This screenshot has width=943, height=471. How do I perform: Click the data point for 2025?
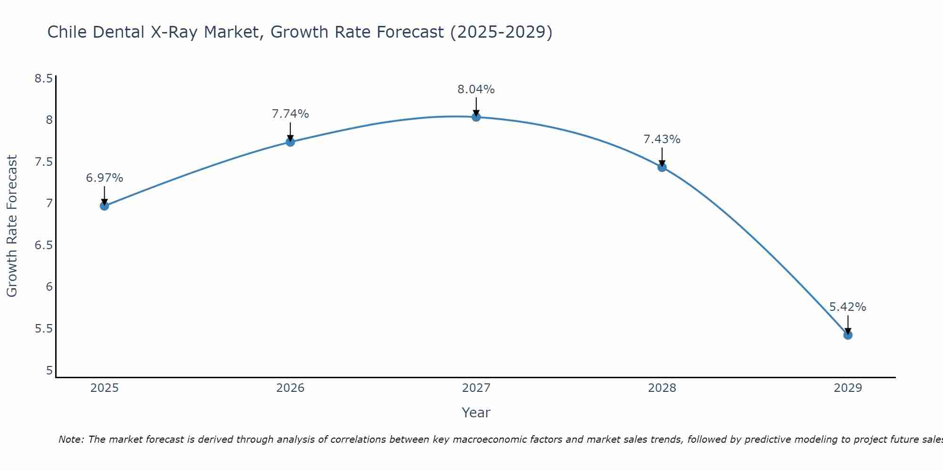(104, 206)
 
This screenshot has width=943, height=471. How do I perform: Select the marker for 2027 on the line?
(476, 117)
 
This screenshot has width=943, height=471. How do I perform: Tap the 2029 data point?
(848, 335)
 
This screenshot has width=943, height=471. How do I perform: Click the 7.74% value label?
(290, 114)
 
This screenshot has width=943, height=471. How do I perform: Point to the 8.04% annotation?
(476, 89)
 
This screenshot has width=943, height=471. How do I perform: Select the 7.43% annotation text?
(662, 139)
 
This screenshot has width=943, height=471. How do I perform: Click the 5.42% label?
(848, 307)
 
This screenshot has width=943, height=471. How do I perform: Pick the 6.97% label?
(104, 178)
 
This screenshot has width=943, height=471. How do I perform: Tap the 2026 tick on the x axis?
(290, 388)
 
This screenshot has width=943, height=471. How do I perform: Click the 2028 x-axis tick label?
(662, 388)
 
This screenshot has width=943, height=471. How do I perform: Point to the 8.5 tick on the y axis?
(43, 79)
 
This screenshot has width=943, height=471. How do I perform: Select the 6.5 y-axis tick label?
(43, 245)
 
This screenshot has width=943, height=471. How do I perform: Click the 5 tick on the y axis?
(49, 371)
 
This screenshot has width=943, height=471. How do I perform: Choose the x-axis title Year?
(476, 413)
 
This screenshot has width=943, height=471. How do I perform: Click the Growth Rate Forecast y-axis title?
(12, 226)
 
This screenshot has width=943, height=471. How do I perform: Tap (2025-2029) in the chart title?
(501, 32)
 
